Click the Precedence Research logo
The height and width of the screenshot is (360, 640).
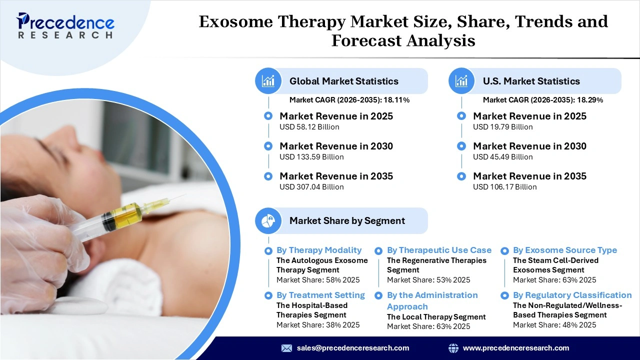[65, 25]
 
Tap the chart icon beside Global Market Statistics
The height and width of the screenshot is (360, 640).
[268, 81]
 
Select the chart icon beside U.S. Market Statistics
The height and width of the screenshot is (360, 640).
[462, 81]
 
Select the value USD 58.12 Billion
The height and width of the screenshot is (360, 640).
[309, 127]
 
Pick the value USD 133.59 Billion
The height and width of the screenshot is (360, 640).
[311, 157]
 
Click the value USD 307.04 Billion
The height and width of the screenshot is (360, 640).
[311, 187]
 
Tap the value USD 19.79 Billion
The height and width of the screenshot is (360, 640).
[503, 127]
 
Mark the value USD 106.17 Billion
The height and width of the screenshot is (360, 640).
[505, 187]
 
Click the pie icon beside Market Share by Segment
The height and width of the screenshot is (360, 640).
[268, 220]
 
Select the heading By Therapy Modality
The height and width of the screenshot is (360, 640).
[319, 250]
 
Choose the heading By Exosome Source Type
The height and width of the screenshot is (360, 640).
[565, 250]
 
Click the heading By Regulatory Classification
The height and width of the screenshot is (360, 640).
[572, 295]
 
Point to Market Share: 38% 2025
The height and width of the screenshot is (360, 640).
[318, 325]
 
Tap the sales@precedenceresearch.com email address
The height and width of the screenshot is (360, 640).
[353, 348]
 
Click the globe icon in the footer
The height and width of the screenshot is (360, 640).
[453, 348]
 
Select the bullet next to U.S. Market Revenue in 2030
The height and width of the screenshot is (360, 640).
[462, 146]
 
